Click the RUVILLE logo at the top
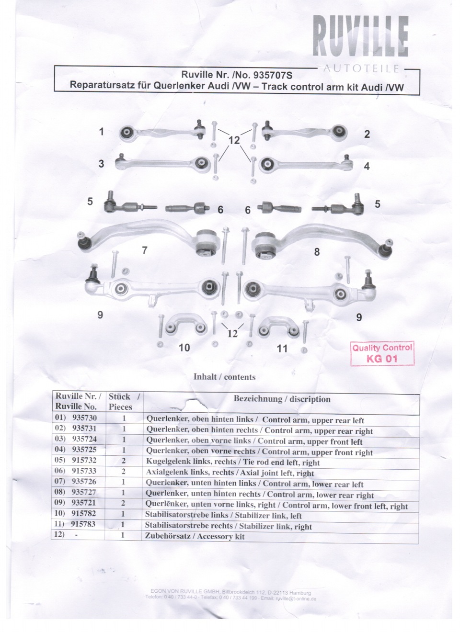click(360, 36)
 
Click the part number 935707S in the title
click(273, 75)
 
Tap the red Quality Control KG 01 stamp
click(382, 354)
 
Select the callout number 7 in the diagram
click(145, 250)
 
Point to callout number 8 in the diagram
click(317, 252)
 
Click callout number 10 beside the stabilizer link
click(184, 348)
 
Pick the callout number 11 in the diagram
click(282, 349)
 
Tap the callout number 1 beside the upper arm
click(102, 132)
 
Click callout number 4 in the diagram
click(367, 166)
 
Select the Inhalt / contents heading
click(225, 377)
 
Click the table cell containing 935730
click(84, 418)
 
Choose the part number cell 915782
click(83, 513)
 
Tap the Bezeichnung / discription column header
click(282, 399)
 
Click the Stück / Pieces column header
click(124, 402)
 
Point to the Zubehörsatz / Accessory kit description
click(195, 536)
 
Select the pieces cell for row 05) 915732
click(124, 461)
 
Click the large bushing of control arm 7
click(208, 242)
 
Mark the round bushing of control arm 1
click(126, 133)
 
